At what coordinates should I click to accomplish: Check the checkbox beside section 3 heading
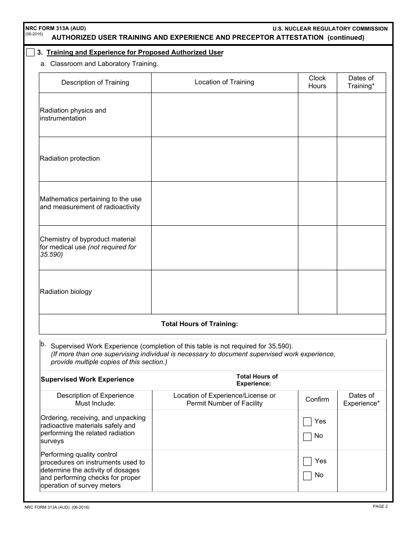pos(30,53)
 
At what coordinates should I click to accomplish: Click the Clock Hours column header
pos(317,82)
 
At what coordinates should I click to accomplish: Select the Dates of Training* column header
pos(361,82)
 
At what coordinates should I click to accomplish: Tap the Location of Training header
pos(224,82)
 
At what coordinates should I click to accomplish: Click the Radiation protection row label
pos(70,158)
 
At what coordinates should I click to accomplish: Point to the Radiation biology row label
pos(66,292)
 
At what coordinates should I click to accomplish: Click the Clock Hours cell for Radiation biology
pos(317,292)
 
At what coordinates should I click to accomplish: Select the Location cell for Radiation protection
pos(224,159)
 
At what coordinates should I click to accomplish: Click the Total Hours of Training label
pos(200,324)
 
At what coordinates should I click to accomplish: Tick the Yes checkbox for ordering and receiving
pos(308,422)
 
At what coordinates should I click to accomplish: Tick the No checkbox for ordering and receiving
pos(308,437)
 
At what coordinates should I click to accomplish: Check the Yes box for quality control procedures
pos(308,461)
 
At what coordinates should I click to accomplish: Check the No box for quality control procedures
pos(308,476)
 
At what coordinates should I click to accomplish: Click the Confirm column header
pos(317,399)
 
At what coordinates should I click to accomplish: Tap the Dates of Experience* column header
pos(361,399)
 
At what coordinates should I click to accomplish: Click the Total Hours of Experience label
pos(257,380)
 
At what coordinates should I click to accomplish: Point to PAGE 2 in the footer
pos(380,506)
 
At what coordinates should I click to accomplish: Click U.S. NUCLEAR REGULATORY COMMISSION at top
pos(330,29)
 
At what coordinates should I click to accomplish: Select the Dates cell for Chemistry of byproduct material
pos(361,248)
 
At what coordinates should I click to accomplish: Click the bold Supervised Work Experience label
pos(87,379)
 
